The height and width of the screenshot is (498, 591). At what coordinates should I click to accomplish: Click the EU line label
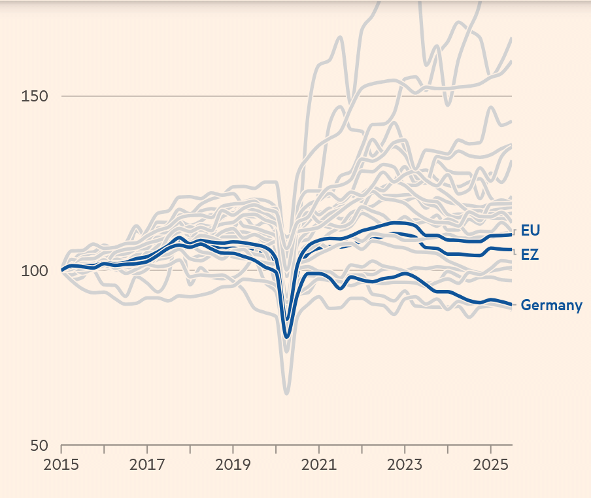[530, 230]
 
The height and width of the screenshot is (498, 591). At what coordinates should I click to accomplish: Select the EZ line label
[530, 255]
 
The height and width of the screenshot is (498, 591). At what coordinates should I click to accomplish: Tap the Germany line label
[551, 305]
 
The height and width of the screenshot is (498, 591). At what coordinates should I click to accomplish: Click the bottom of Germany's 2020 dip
[286, 337]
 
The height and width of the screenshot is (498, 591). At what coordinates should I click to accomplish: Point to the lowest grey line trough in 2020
[286, 393]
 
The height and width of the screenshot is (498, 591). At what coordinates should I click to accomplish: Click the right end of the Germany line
[511, 304]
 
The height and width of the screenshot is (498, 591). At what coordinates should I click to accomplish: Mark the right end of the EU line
[511, 234]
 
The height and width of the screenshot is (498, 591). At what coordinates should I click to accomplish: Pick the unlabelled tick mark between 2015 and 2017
[105, 450]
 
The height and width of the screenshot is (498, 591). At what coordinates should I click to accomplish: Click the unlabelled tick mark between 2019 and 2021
[276, 450]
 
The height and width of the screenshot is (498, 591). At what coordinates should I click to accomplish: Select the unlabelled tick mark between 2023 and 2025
[448, 450]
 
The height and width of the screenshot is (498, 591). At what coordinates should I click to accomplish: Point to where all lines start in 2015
[62, 270]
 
